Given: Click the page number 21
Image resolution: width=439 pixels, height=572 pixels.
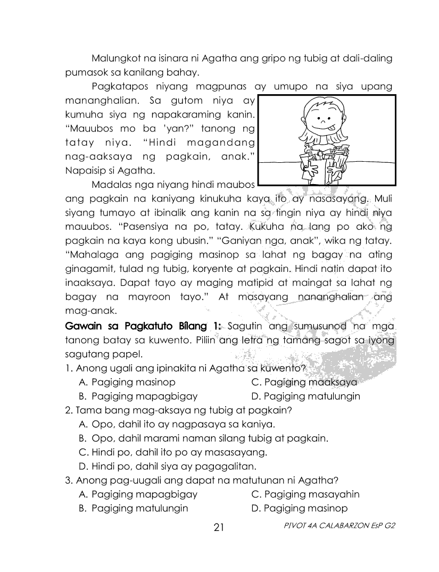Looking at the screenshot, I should pos(219,527).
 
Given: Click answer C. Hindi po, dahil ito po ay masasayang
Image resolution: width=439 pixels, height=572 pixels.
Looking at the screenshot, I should pos(172,453).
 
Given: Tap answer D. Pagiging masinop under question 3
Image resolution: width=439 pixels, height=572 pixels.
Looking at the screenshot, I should pos(300,508).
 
